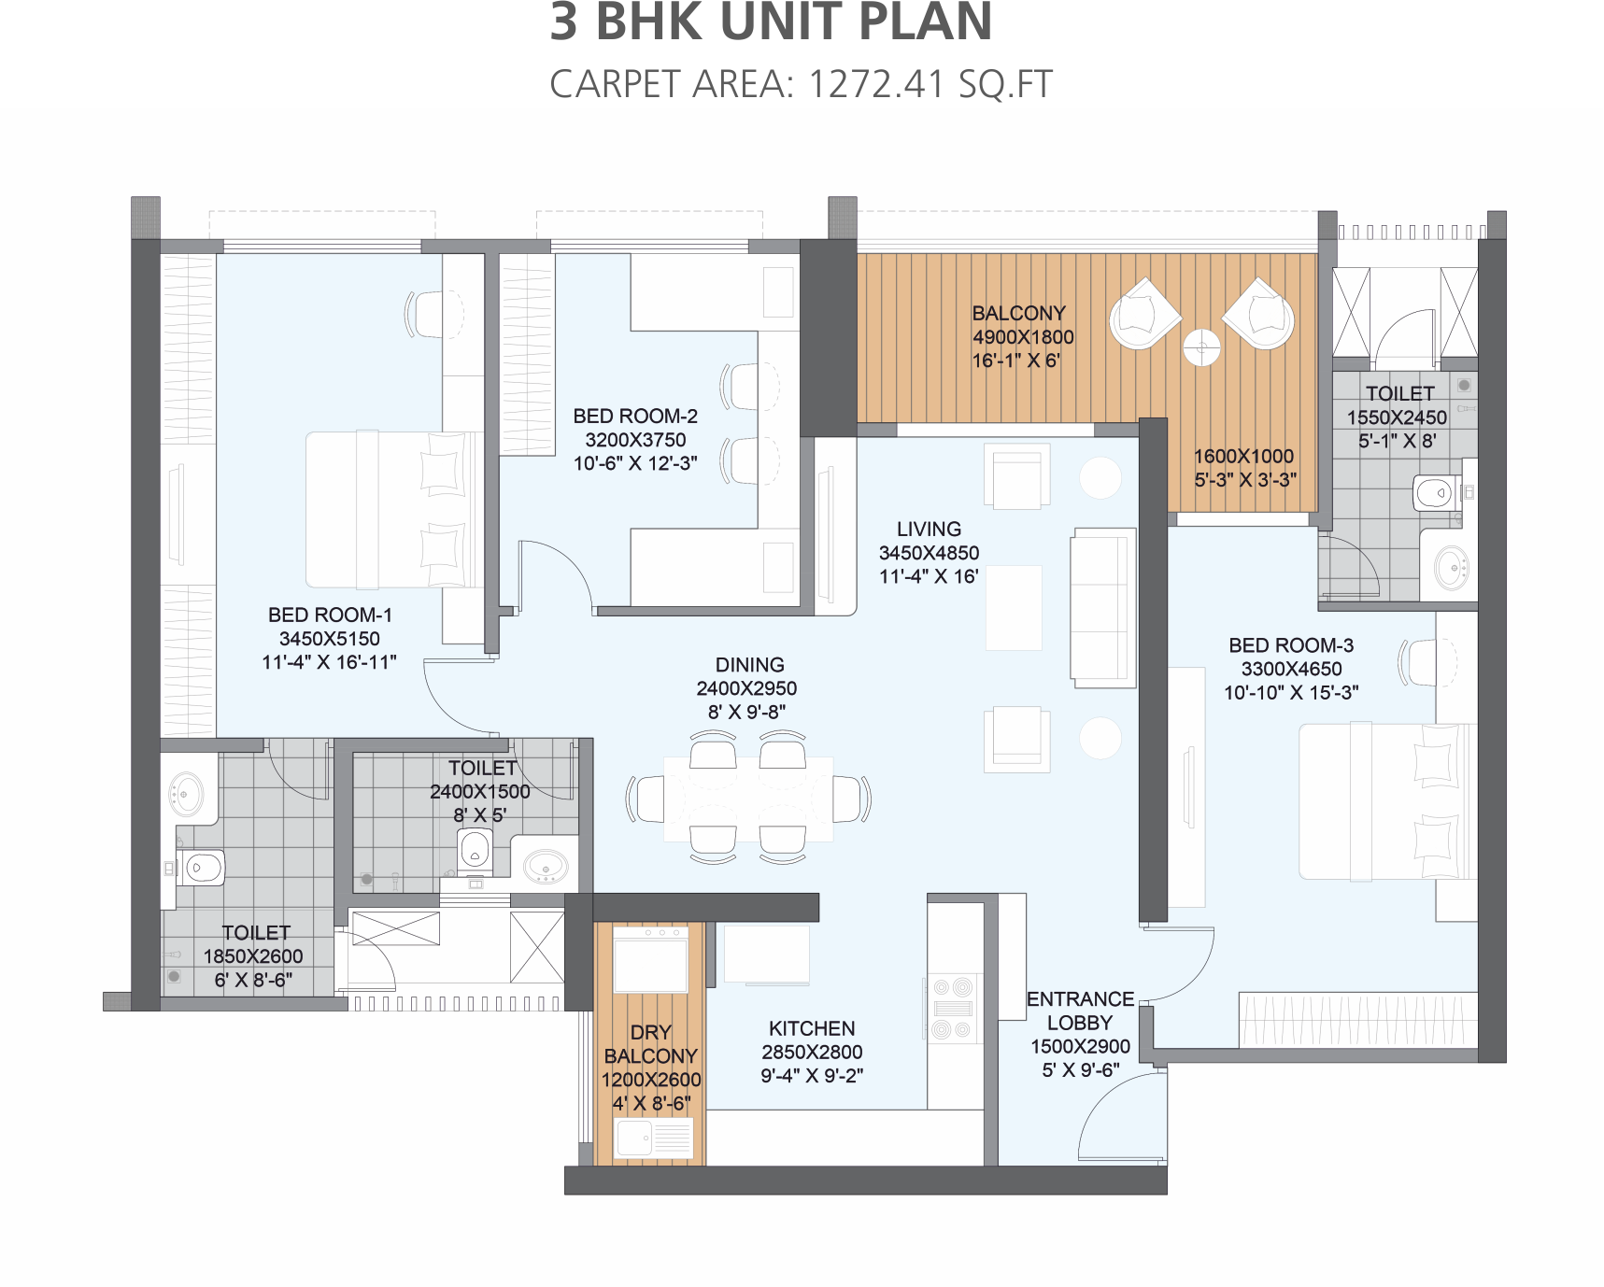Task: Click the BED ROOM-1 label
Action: pos(330,615)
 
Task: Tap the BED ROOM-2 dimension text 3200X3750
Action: pos(635,440)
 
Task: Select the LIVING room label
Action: pos(929,529)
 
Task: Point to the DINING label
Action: pos(749,664)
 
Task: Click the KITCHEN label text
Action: pos(812,1028)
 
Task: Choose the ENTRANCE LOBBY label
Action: pos(1080,1011)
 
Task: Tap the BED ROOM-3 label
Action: pos(1291,645)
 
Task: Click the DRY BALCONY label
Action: pos(651,1044)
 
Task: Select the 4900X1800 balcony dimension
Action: pos(1023,337)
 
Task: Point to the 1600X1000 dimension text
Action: pos(1243,456)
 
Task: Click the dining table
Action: pos(748,799)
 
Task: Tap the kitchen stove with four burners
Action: pos(953,1009)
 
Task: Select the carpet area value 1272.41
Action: pos(876,84)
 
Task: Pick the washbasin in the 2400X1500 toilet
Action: pos(546,867)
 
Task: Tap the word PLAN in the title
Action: pos(924,22)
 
